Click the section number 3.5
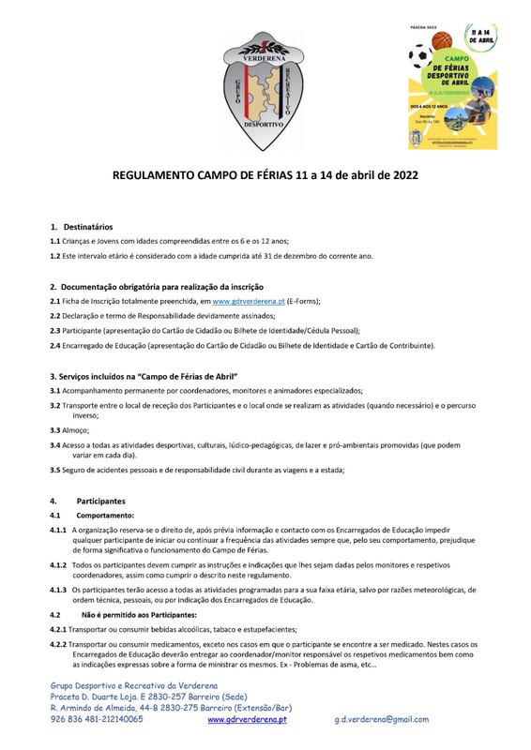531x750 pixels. click(x=55, y=471)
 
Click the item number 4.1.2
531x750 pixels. click(x=58, y=566)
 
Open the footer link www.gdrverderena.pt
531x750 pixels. click(x=247, y=719)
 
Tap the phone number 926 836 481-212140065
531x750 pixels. click(x=97, y=719)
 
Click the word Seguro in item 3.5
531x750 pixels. click(x=77, y=471)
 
